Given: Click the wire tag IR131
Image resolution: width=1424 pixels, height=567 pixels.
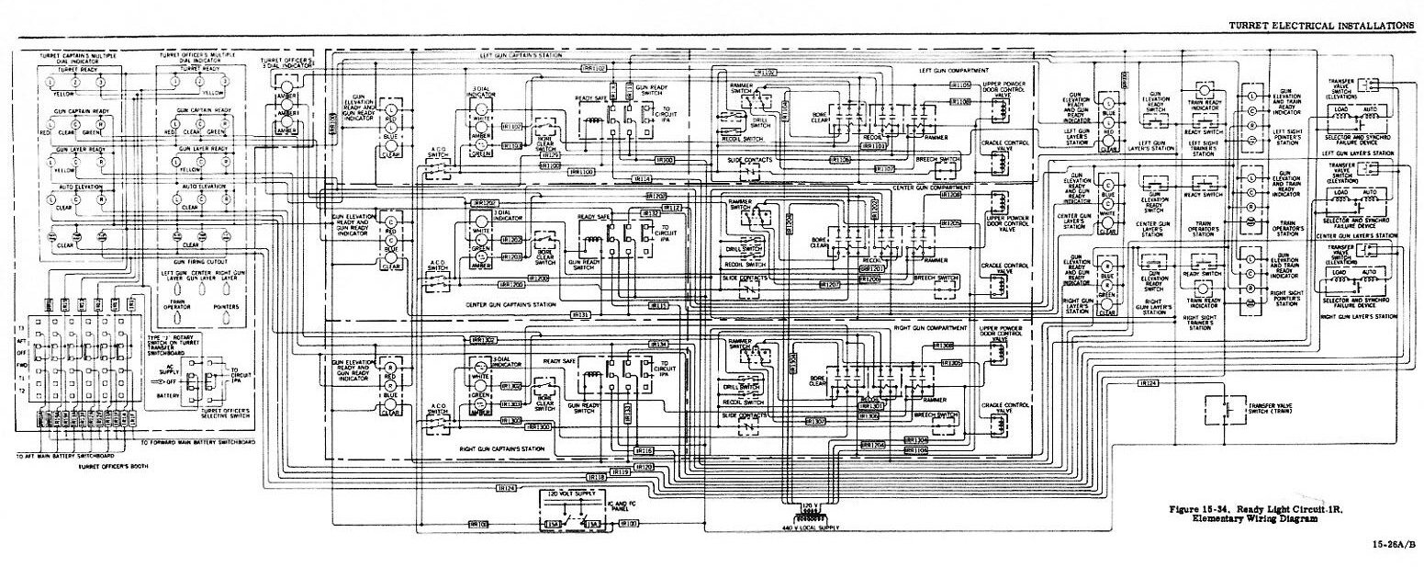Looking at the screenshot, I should click(580, 314).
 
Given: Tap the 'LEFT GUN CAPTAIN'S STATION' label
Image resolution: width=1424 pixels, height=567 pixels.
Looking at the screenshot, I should click(515, 55).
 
